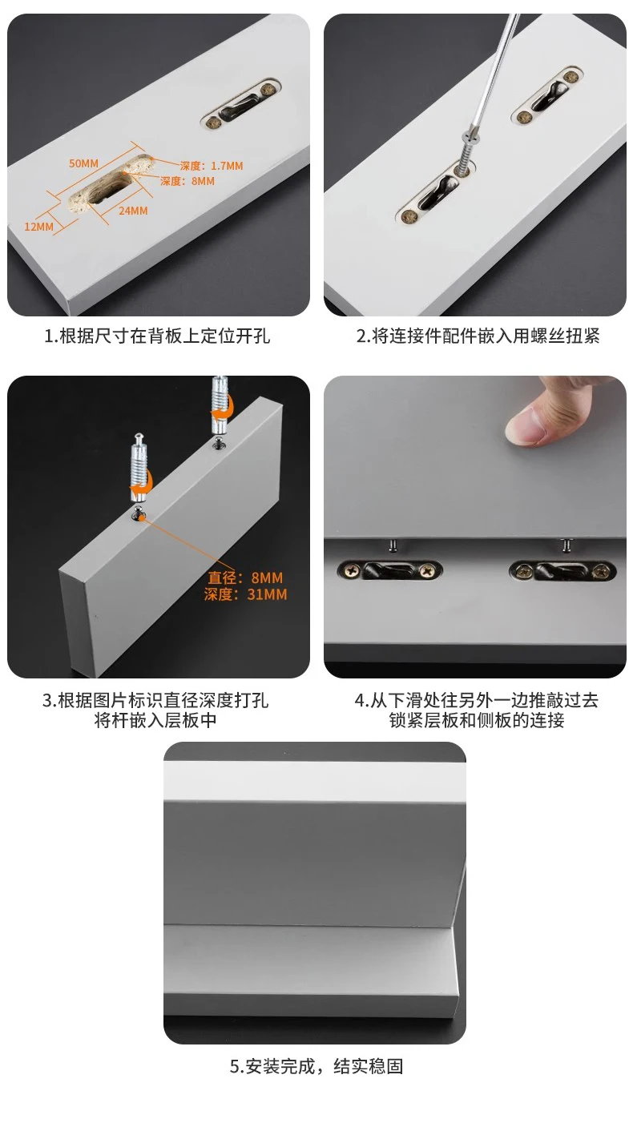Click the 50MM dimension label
pos(83,163)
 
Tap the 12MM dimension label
pos(38,227)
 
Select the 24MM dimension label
pos(133,211)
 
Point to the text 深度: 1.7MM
pos(211,166)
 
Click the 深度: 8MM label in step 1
pos(187,181)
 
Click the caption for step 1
pos(157,336)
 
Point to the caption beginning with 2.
pos(478,336)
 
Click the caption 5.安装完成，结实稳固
pos(316,1066)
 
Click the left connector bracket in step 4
pos(389,570)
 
